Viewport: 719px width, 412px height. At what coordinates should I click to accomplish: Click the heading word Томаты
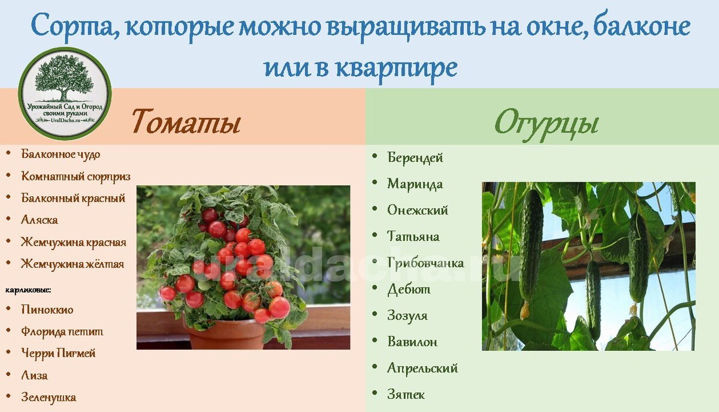pos(186,122)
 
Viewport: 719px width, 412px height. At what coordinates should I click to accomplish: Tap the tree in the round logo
pos(64,77)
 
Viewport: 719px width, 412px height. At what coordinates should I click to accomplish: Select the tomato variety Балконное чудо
pos(61,154)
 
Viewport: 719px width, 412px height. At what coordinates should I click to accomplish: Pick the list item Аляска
pos(40,220)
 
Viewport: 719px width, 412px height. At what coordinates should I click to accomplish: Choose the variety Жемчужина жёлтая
pos(72,264)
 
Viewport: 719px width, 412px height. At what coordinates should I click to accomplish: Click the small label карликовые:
pos(28,290)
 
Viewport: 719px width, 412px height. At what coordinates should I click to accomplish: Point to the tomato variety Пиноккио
pos(47,309)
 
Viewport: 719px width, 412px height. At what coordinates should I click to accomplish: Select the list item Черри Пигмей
pos(58,353)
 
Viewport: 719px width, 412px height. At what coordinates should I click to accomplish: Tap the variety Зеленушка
pos(49,397)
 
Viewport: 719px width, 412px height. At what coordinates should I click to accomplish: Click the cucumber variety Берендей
pos(415,158)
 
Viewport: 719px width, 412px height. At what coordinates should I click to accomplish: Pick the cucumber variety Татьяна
pos(413,236)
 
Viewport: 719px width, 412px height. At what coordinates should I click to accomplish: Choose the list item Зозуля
pos(407,315)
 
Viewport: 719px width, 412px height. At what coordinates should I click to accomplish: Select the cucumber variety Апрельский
pos(422,368)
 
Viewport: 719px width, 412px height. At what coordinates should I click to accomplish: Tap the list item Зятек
pos(406,395)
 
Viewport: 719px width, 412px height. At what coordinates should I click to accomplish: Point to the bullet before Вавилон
pos(374,340)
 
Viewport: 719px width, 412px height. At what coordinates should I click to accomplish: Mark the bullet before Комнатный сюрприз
pos(8,176)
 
